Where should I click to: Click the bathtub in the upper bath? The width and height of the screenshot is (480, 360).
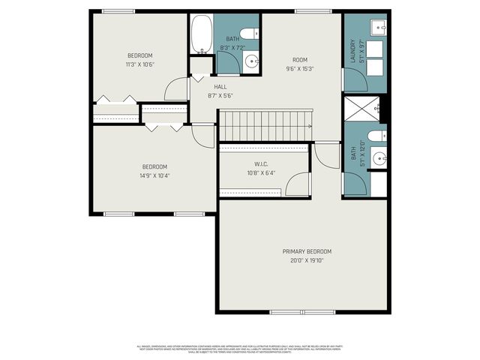200,34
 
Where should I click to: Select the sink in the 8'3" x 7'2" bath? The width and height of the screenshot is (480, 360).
252,62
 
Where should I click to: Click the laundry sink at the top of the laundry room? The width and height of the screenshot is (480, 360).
378,28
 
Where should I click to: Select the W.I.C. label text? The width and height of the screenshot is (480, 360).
262,163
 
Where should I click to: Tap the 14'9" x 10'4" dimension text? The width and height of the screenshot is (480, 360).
154,175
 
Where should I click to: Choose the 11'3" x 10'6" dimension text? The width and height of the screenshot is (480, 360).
139,64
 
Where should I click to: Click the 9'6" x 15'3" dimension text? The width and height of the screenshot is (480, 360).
300,68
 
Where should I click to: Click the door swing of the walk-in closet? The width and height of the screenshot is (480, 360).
298,183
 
